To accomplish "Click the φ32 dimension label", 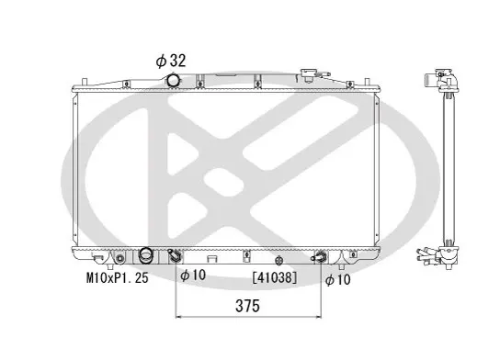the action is pyautogui.click(x=171, y=61).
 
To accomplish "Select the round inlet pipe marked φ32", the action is pyautogui.click(x=173, y=80).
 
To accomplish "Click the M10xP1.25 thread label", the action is pyautogui.click(x=118, y=278).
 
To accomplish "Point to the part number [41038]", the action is pyautogui.click(x=275, y=277).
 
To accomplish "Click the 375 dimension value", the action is pyautogui.click(x=248, y=306).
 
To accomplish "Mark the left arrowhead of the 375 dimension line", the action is pyautogui.click(x=178, y=317).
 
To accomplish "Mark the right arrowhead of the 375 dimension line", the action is pyautogui.click(x=318, y=317).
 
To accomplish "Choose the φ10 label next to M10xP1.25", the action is pyautogui.click(x=193, y=275).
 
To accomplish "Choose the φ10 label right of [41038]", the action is pyautogui.click(x=338, y=280).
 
